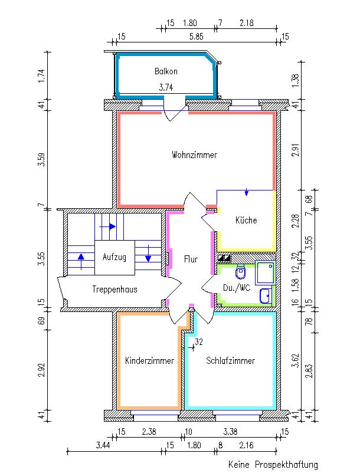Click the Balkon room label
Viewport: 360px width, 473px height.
pos(166,71)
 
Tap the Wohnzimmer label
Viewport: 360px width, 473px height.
pos(194,155)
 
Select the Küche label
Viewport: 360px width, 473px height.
pos(246,221)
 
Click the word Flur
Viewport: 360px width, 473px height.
pos(190,259)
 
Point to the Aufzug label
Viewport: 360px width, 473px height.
pos(114,257)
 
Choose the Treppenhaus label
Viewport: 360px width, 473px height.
pos(114,290)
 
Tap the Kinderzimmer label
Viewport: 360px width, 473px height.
pos(149,361)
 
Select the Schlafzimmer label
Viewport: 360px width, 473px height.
pos(231,361)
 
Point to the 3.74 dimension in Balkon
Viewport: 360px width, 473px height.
pos(166,87)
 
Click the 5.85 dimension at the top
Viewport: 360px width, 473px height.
pos(196,37)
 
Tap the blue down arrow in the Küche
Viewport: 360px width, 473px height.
pos(247,193)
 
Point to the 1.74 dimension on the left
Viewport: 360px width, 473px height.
pos(41,76)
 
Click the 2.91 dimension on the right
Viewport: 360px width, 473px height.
pos(295,150)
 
